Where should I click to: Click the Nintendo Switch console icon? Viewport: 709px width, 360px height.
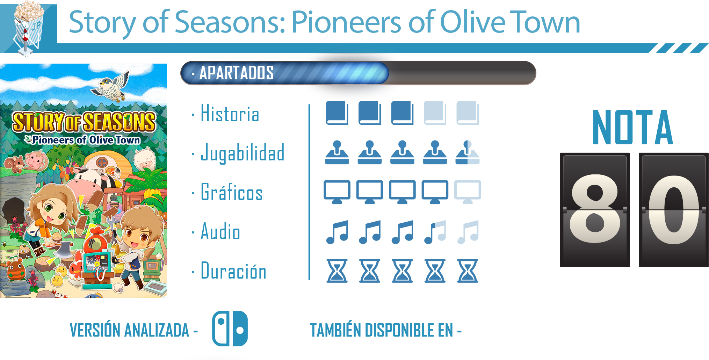click(230, 329)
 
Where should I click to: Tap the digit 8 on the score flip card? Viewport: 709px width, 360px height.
click(595, 209)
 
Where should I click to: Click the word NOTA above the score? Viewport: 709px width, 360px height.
click(633, 127)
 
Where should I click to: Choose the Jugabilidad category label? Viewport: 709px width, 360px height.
click(243, 153)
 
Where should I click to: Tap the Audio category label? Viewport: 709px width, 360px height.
click(220, 231)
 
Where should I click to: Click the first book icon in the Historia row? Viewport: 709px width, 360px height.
click(337, 113)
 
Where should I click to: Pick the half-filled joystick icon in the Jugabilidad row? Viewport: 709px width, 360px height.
click(467, 152)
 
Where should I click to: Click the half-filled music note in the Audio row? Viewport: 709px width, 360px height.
click(435, 232)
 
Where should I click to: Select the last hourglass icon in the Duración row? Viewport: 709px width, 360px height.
click(468, 271)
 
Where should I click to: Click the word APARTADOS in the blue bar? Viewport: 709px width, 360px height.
click(237, 73)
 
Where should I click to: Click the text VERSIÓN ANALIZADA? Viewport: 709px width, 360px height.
click(129, 330)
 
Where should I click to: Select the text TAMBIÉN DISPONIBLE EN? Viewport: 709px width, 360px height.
click(381, 330)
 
